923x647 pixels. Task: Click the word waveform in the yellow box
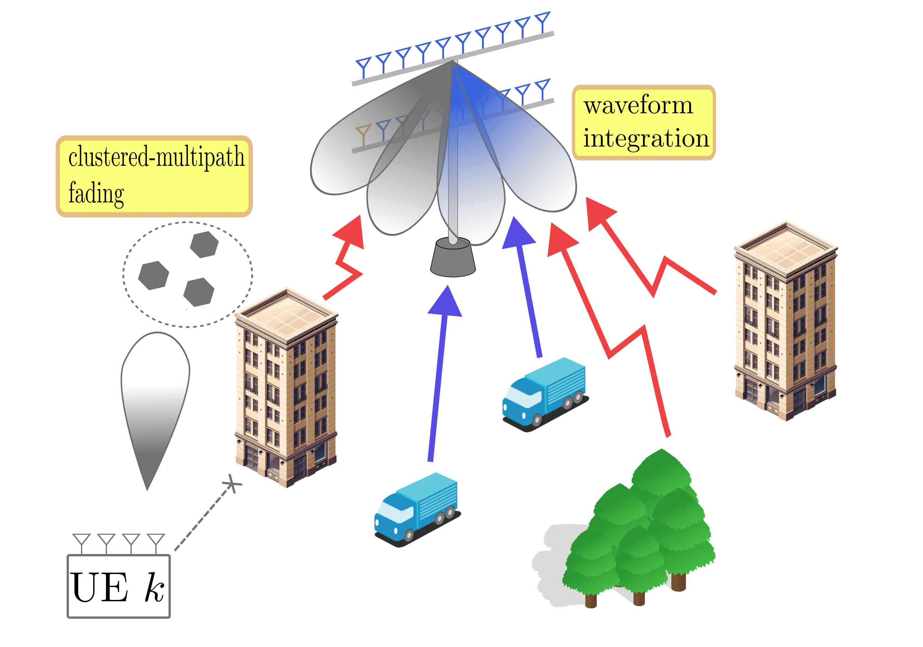click(638, 106)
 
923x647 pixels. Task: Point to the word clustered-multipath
click(157, 157)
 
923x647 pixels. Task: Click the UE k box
click(119, 586)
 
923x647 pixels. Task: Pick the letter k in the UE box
click(155, 587)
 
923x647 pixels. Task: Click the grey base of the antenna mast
click(453, 258)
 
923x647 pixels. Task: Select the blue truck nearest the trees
click(544, 393)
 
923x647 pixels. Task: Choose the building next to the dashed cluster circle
click(286, 388)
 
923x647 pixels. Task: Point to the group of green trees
click(639, 531)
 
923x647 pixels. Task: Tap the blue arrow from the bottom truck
click(440, 374)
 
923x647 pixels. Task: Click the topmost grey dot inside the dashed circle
click(204, 244)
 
